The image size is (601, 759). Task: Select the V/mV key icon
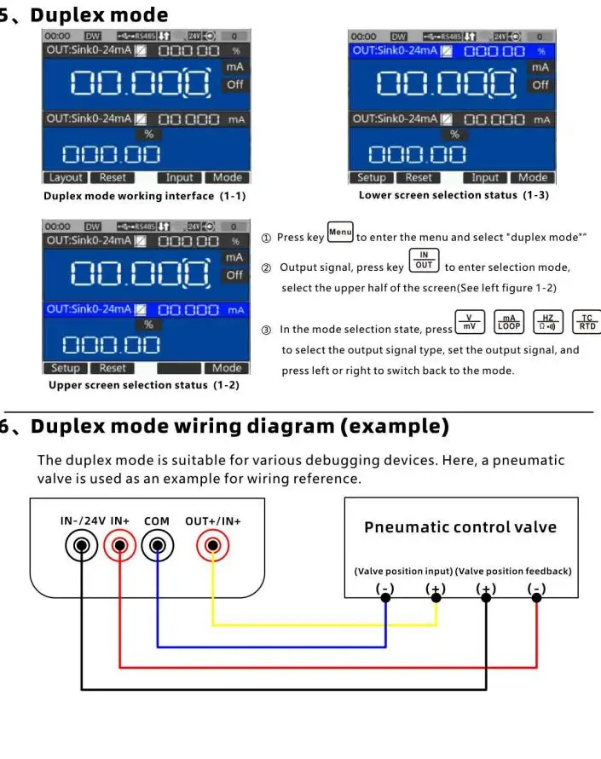[x=469, y=323]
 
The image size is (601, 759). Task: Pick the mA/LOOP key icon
[x=509, y=323]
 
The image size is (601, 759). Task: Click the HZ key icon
[x=547, y=323]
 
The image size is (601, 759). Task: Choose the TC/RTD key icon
[x=587, y=323]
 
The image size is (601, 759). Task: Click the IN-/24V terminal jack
[x=82, y=546]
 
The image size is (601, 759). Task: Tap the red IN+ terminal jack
[x=120, y=546]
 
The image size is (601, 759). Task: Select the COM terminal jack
[x=158, y=546]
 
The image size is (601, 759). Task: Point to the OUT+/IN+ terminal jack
[x=212, y=546]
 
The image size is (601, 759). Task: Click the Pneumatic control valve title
[x=460, y=527]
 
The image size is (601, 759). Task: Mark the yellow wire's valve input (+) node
[x=436, y=597]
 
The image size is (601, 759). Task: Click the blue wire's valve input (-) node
[x=386, y=597]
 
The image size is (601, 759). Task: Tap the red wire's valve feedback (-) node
[x=536, y=597]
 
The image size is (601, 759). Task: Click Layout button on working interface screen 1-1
[x=66, y=178]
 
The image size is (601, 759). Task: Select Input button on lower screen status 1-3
[x=485, y=178]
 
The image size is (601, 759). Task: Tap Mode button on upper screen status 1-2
[x=227, y=368]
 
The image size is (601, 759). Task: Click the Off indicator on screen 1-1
[x=234, y=85]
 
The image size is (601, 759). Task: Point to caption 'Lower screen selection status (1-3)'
[x=454, y=196]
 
